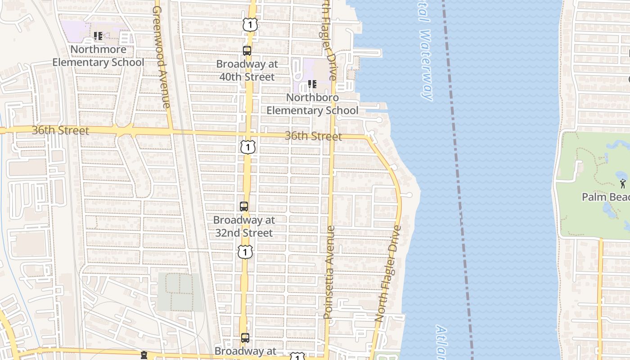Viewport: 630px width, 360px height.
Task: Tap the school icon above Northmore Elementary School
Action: (x=98, y=36)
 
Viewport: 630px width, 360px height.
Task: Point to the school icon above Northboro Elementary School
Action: (x=312, y=84)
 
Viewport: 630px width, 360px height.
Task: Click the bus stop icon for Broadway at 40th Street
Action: (x=247, y=50)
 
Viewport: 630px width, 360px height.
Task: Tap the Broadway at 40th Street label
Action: (x=247, y=70)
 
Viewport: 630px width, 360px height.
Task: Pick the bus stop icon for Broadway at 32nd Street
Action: (x=243, y=207)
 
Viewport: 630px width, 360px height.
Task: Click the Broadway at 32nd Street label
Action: (x=243, y=226)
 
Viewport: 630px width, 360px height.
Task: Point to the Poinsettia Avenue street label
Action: (x=330, y=272)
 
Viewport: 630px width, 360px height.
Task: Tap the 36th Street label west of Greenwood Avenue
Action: (x=60, y=130)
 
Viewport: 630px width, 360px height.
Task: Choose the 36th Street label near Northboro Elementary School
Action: (x=313, y=136)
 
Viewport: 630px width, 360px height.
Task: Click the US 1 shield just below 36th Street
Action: (x=247, y=147)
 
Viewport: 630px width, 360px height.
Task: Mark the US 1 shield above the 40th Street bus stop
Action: (x=250, y=25)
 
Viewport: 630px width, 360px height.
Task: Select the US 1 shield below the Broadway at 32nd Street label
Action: (x=245, y=252)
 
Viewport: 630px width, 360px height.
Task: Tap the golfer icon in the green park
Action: (x=622, y=183)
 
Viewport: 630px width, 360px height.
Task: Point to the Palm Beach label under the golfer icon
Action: (x=605, y=197)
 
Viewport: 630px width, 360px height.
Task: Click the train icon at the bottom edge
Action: (x=144, y=355)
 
